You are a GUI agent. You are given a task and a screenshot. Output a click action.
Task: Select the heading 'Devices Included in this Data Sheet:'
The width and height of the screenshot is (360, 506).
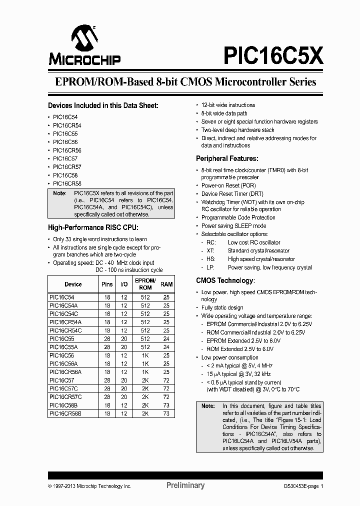click(x=103, y=105)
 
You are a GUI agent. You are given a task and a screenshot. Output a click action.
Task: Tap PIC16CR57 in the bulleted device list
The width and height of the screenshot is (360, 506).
click(x=67, y=167)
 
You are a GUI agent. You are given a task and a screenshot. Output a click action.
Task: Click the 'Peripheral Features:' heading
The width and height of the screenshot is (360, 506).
click(x=227, y=158)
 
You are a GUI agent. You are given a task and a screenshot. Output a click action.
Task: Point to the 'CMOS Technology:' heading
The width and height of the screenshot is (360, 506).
click(x=225, y=280)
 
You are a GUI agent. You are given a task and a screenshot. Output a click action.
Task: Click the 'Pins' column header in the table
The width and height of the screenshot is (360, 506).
click(x=107, y=284)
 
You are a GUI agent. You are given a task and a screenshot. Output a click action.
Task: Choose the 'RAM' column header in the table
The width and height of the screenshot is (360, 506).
click(x=166, y=284)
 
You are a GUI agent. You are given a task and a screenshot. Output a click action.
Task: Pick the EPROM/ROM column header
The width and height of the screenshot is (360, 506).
click(x=145, y=284)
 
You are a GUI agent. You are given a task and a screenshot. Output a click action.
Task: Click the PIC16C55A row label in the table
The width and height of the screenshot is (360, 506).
click(x=63, y=347)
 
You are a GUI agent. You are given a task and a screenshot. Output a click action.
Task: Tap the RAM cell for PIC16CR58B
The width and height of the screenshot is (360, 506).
click(x=166, y=414)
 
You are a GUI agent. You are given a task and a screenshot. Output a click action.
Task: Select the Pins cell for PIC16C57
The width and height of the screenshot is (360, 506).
click(x=107, y=380)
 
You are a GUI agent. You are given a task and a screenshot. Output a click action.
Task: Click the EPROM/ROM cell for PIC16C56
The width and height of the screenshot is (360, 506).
click(x=145, y=355)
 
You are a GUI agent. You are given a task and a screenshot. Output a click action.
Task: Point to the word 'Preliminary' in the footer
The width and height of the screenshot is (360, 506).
click(x=185, y=485)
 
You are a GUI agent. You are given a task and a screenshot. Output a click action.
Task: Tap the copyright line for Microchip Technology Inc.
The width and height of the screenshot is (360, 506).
click(x=89, y=486)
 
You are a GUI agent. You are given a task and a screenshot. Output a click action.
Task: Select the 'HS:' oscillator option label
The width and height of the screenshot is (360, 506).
click(x=211, y=259)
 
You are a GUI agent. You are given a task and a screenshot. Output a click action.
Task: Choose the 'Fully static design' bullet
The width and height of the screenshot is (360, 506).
click(x=222, y=307)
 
